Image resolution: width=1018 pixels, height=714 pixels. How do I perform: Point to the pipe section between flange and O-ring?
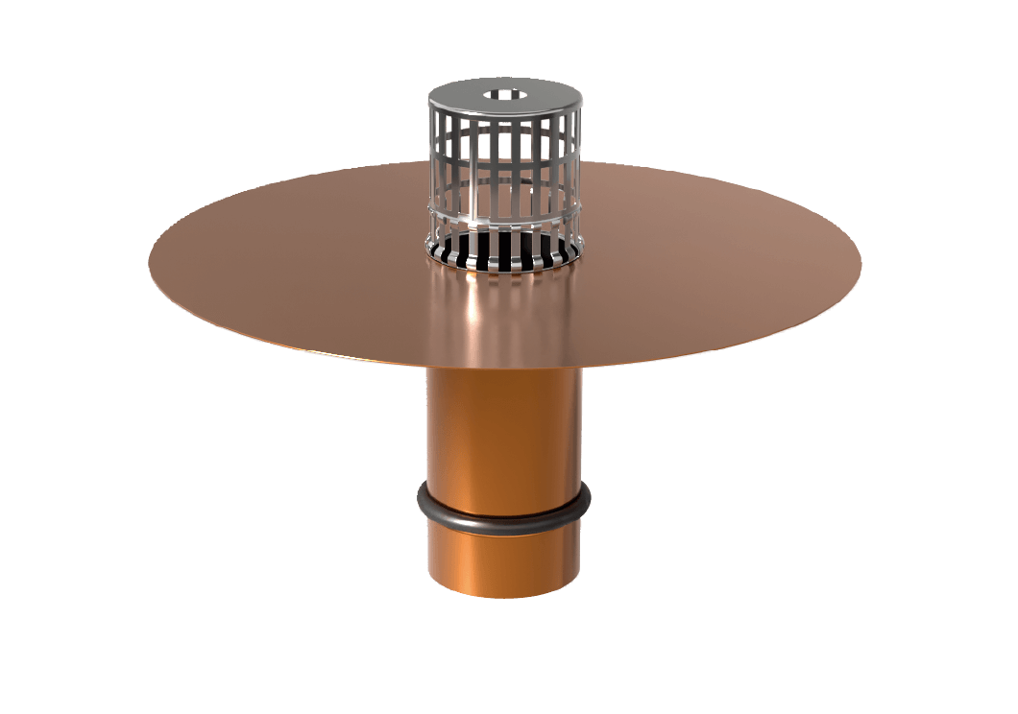[x=504, y=432]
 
